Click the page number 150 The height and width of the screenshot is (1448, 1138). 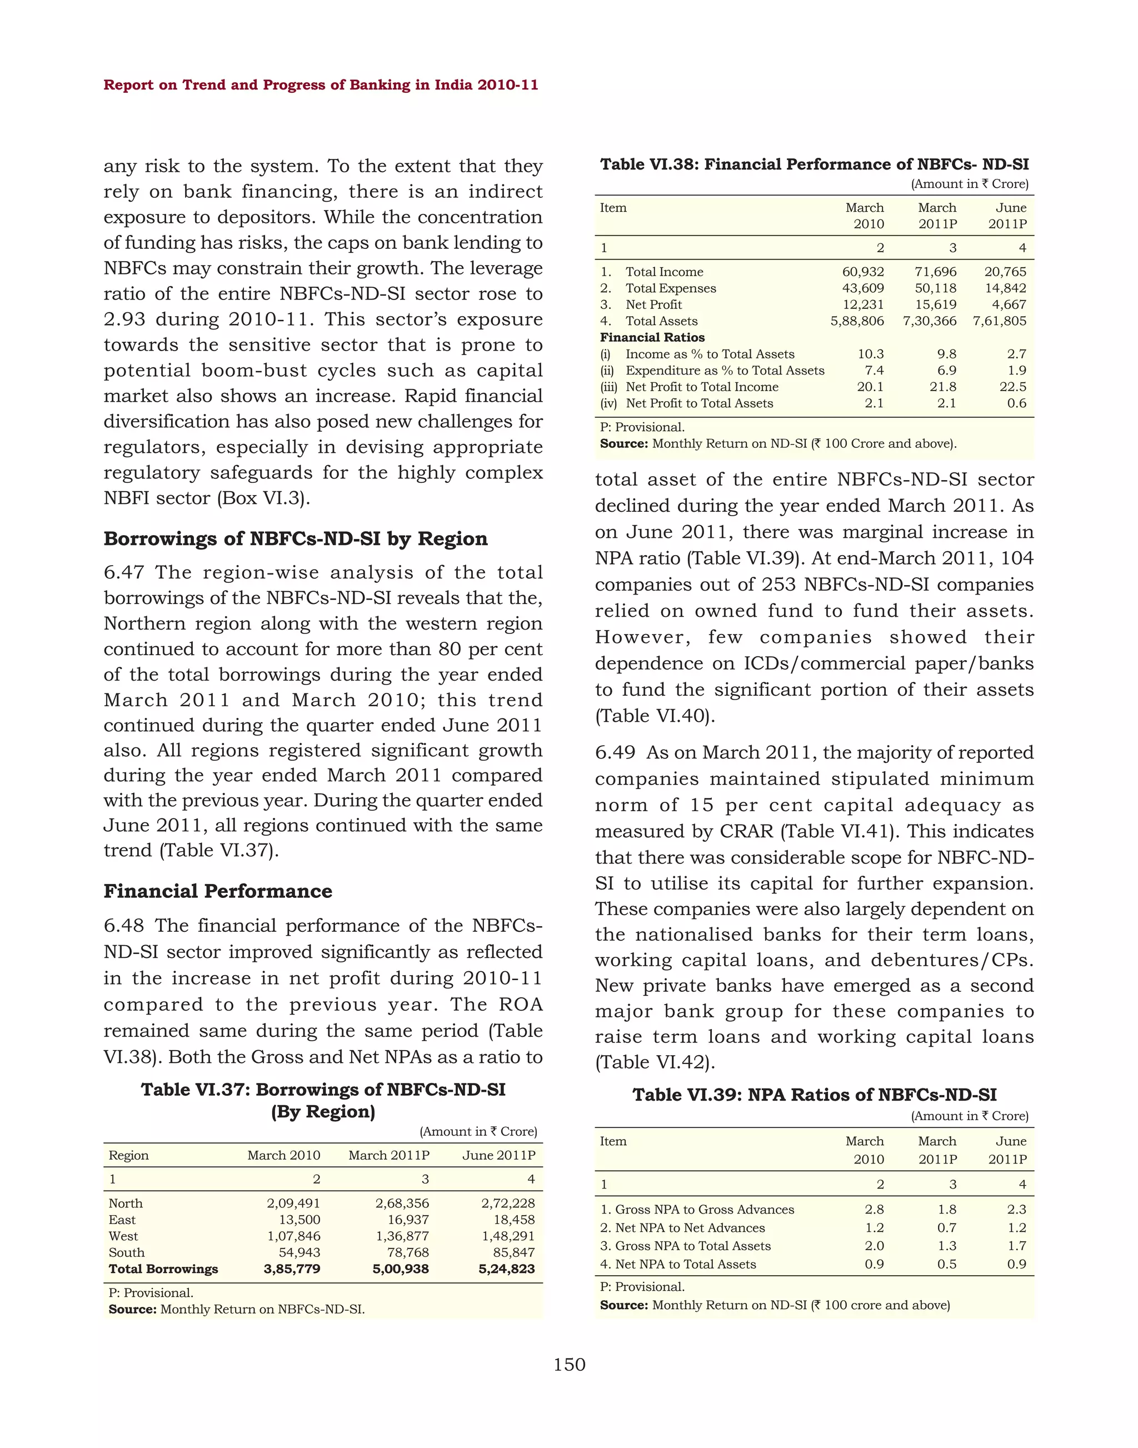pyautogui.click(x=569, y=1365)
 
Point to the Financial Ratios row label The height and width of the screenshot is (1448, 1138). pyautogui.click(x=652, y=337)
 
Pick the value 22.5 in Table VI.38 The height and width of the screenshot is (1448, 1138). pyautogui.click(x=1013, y=387)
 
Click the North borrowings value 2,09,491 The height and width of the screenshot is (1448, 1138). pyautogui.click(x=293, y=1204)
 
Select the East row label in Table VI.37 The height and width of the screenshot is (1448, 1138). pyautogui.click(x=122, y=1220)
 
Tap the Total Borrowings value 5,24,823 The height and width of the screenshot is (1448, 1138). pyautogui.click(x=506, y=1269)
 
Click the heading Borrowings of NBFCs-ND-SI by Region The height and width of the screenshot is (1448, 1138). pyautogui.click(x=295, y=538)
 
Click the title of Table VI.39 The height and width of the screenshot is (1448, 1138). pyautogui.click(x=814, y=1095)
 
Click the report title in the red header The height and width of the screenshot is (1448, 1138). pyautogui.click(x=321, y=84)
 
